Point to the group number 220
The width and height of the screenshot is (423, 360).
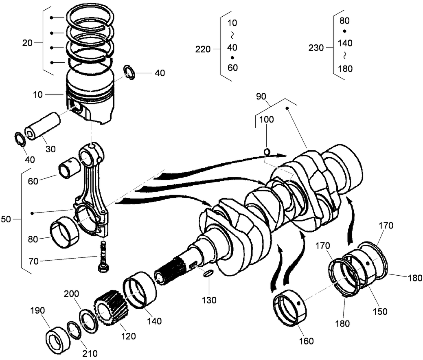tap(203, 50)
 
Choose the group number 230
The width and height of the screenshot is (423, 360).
tap(316, 48)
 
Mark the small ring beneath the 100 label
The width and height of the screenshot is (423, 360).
tap(267, 152)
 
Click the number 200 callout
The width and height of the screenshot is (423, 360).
tap(71, 294)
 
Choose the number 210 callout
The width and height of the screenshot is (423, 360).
tap(90, 353)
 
